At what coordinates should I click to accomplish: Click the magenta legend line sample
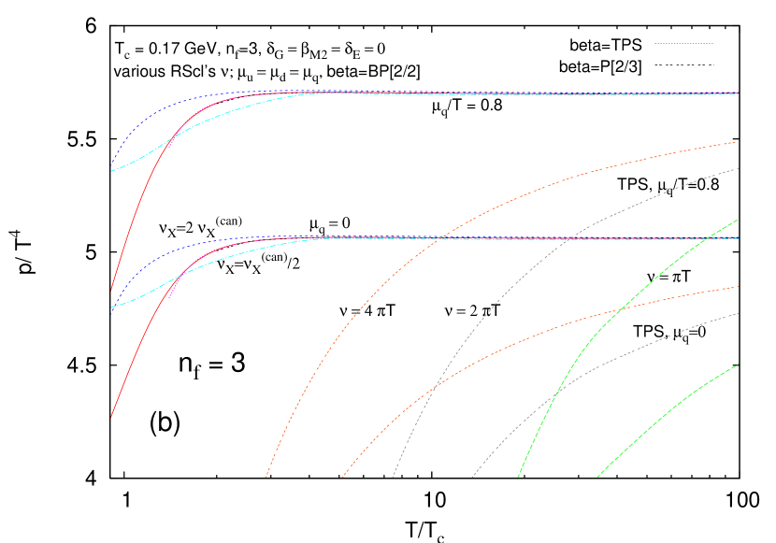coord(684,43)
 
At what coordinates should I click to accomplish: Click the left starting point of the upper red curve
coord(111,291)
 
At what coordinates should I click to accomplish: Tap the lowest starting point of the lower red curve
coord(111,417)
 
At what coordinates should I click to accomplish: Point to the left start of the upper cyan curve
coord(111,171)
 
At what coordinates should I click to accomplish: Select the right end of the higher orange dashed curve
coord(737,142)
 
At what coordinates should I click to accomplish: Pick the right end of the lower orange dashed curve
coord(738,287)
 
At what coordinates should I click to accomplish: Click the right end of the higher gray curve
coord(738,168)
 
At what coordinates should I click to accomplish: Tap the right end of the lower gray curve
coord(738,313)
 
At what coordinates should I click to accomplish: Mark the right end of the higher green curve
coord(738,221)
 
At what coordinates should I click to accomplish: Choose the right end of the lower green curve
coord(738,364)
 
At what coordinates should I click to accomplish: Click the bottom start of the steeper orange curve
coord(266,477)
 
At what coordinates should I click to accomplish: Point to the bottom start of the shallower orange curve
coord(342,477)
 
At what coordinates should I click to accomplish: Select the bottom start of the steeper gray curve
coord(393,477)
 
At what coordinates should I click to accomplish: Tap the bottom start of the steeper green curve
coord(518,477)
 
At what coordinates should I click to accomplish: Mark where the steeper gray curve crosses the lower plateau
coord(569,238)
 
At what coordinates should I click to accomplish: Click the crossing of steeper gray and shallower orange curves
coord(435,384)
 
